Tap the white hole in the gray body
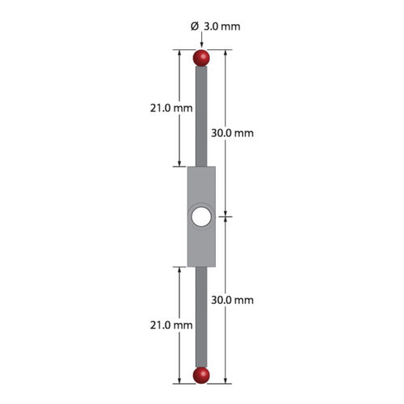point(201,217)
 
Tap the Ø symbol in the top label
point(194,26)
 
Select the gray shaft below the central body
point(201,315)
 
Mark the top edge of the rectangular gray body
point(201,168)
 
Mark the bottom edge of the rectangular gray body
point(201,267)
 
